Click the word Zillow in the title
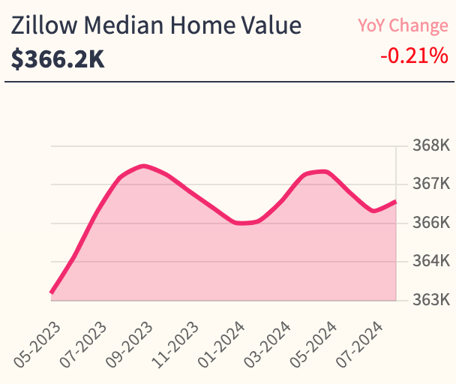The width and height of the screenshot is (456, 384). point(42,27)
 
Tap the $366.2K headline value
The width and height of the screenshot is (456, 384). point(58,58)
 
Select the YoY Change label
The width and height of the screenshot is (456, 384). point(403,25)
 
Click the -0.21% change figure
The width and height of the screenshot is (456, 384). point(414,55)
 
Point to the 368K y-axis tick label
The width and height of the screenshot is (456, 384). point(430,145)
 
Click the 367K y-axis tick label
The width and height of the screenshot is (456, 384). point(430,184)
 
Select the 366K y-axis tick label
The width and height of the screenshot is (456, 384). point(430,223)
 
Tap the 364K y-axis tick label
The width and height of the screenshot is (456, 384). point(430,262)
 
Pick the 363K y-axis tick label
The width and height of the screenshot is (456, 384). point(430,300)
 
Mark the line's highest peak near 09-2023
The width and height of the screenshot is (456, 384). point(143,166)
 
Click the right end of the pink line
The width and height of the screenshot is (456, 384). point(395,201)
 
